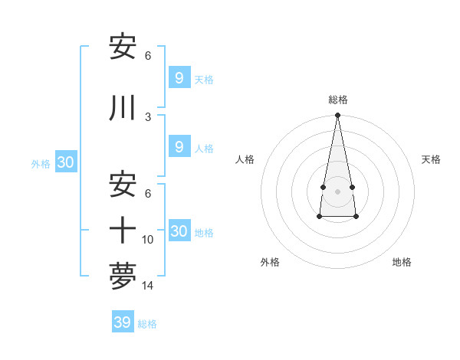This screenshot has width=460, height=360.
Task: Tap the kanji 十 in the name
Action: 123,229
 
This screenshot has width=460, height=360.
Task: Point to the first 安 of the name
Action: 123,47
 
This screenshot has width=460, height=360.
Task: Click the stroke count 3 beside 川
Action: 148,116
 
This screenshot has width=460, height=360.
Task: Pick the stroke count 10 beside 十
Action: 148,240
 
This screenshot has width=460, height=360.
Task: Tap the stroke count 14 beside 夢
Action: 148,286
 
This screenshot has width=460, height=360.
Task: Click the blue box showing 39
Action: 122,322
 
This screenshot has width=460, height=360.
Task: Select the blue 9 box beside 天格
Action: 179,77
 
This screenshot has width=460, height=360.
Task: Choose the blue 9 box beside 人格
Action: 179,147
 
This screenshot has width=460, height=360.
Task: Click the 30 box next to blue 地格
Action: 179,231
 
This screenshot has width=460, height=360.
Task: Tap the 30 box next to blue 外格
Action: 65,162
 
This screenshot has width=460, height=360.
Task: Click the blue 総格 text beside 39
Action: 147,324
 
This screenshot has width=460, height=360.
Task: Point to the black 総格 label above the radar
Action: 338,100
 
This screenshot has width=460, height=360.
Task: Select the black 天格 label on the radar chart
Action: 432,159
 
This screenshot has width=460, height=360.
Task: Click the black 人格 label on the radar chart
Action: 245,159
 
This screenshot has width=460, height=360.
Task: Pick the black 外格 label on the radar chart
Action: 270,262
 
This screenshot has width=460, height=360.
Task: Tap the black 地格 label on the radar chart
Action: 402,262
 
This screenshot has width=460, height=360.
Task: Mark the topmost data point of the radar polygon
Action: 337,116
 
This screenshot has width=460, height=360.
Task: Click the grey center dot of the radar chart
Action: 337,190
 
